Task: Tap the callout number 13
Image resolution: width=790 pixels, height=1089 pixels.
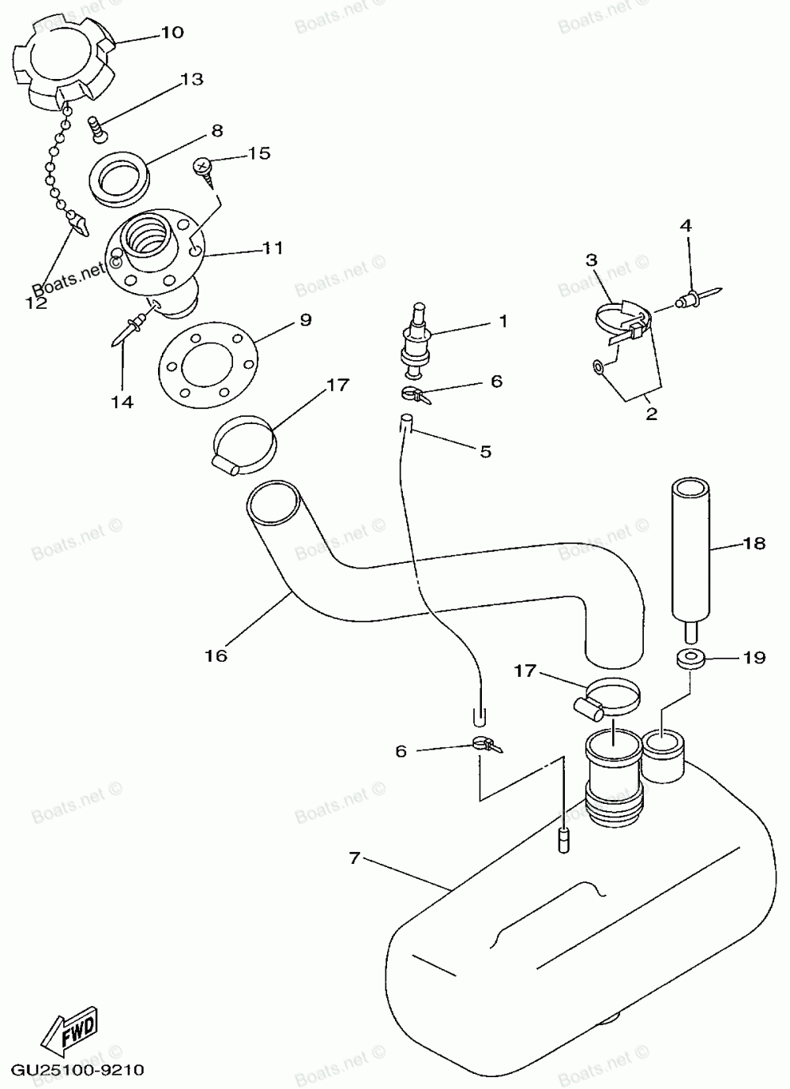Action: pos(191,79)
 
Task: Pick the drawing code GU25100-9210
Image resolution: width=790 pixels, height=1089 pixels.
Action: pos(77,1070)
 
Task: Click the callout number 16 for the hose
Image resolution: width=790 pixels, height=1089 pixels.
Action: pos(216,655)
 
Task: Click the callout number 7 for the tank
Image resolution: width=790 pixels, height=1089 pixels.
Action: pos(355,857)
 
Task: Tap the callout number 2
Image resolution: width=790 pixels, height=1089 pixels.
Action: pos(651,413)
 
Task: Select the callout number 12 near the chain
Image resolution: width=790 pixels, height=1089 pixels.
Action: pos(36,302)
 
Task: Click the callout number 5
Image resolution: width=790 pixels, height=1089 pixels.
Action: pos(485,451)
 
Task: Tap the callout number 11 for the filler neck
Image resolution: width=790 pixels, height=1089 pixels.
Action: pos(273,248)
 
